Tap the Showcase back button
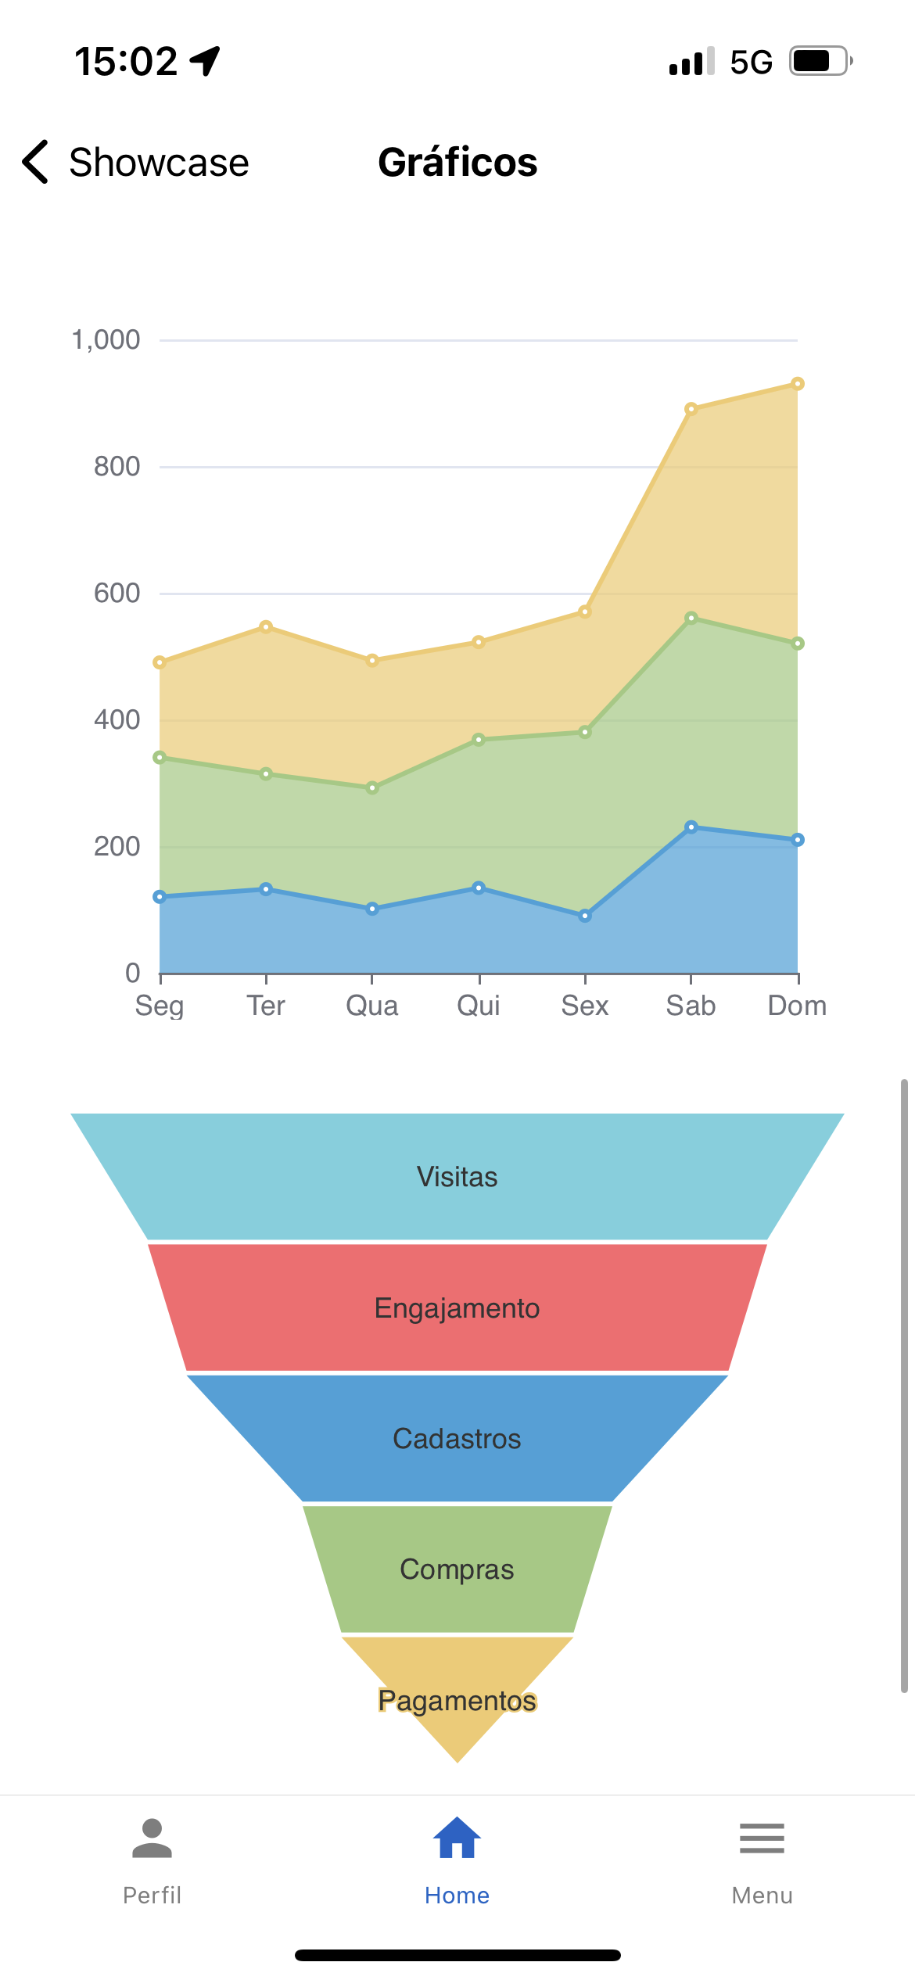click(x=135, y=163)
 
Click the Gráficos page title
click(x=457, y=163)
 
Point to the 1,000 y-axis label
click(x=106, y=340)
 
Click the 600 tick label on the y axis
click(x=117, y=594)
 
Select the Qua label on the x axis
click(x=372, y=1006)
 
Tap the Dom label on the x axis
click(x=797, y=1006)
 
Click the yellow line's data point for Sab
click(x=691, y=409)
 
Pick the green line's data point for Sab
click(x=691, y=619)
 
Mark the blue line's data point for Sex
click(x=585, y=916)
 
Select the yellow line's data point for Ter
click(x=266, y=627)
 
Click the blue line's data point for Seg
click(x=160, y=897)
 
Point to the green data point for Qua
click(x=372, y=788)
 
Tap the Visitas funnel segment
click(x=457, y=1177)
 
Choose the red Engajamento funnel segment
click(x=457, y=1308)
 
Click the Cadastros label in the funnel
click(x=457, y=1439)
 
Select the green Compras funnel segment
click(x=457, y=1569)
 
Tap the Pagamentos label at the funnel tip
click(x=457, y=1701)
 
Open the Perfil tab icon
click(x=152, y=1838)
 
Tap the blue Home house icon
click(x=457, y=1838)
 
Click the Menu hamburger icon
click(x=762, y=1838)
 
